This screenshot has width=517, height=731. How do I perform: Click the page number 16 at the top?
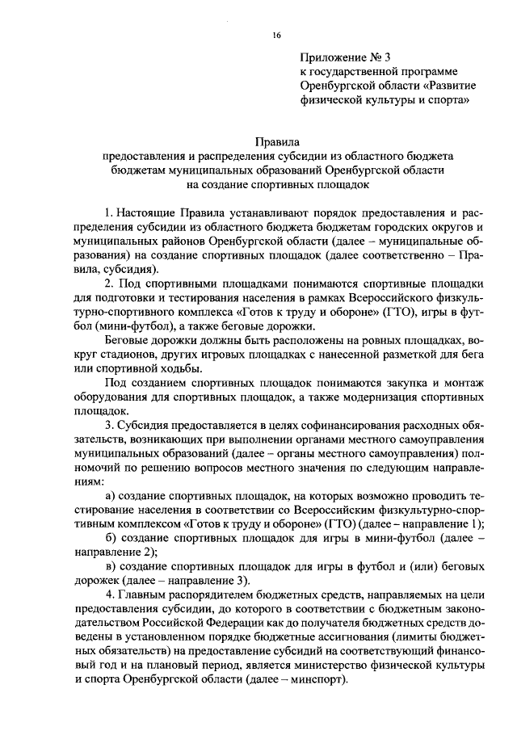pyautogui.click(x=276, y=35)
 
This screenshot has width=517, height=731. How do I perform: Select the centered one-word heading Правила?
pyautogui.click(x=276, y=141)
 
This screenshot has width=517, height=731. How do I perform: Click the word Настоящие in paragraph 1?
pyautogui.click(x=153, y=211)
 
